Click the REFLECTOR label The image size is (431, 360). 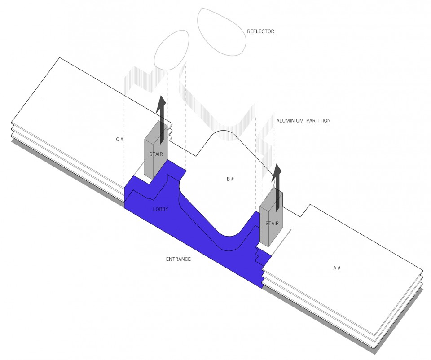point(260,31)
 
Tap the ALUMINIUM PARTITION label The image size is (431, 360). point(303,120)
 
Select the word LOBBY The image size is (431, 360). point(161,209)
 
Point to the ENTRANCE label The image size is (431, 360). point(178,259)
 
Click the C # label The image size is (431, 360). point(119,139)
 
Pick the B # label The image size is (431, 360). point(230,179)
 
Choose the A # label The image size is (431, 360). point(337,268)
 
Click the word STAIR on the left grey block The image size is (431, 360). point(156,154)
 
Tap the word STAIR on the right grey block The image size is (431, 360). point(272,224)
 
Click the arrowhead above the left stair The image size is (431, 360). point(161,105)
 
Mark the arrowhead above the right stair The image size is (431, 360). point(277,172)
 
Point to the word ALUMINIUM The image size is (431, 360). point(290,120)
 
